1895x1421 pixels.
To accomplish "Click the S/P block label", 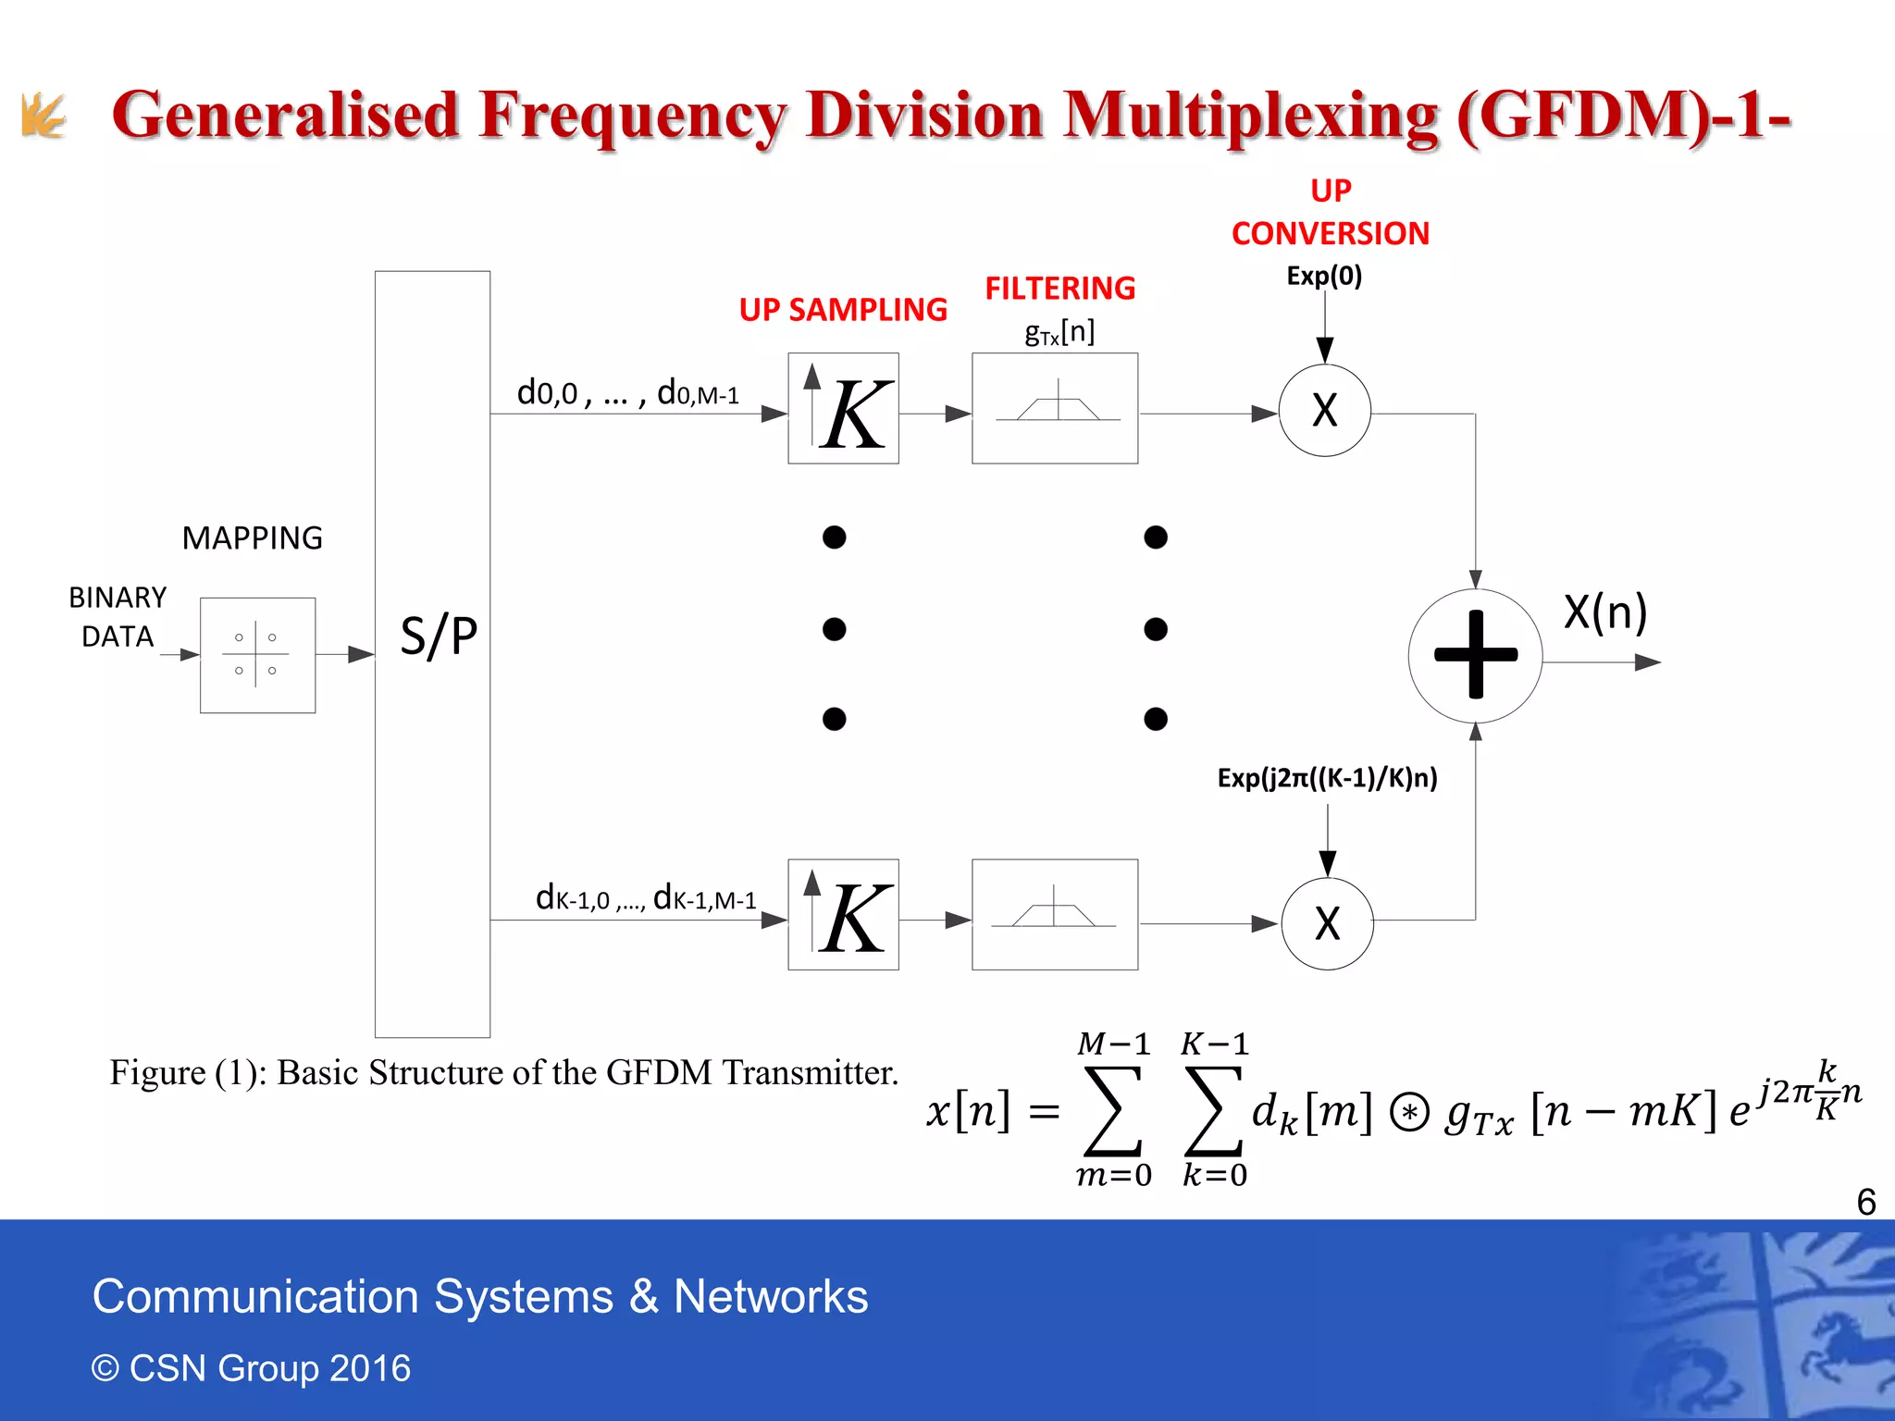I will click(439, 636).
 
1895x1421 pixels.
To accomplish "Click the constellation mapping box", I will click(257, 655).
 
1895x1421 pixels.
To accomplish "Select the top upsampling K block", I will click(843, 408).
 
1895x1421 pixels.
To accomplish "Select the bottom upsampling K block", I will click(843, 914).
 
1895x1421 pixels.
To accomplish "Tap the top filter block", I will click(1055, 408).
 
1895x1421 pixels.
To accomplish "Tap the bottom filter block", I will click(1055, 914).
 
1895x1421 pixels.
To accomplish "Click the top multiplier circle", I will click(1325, 410).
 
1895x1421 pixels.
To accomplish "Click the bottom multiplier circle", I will click(1327, 922).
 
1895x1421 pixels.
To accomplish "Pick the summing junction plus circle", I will click(1475, 655).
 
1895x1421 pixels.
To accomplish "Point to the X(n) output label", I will click(1605, 612).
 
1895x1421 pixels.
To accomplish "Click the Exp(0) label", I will click(1324, 276).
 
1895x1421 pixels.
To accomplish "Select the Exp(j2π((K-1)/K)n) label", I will click(1327, 778).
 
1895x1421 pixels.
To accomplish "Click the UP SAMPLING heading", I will click(843, 310).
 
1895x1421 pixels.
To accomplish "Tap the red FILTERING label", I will click(1059, 289).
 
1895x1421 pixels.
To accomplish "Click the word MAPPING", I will click(252, 538).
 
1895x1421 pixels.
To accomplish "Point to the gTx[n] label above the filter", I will click(1059, 331).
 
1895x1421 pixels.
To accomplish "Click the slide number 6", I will click(1865, 1202).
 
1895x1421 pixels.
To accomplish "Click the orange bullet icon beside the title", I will click(43, 116).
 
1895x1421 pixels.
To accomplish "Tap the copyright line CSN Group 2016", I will click(251, 1367).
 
